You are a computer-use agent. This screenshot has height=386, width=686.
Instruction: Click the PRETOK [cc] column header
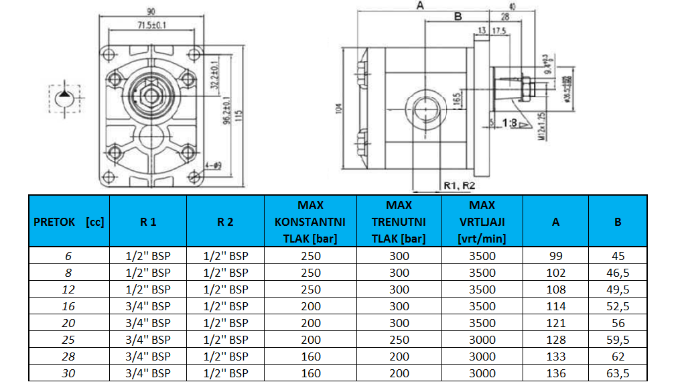[x=69, y=222]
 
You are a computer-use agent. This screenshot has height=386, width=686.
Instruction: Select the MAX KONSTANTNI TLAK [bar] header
[x=310, y=222]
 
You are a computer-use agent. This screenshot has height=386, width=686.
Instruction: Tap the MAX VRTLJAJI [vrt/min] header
[x=482, y=222]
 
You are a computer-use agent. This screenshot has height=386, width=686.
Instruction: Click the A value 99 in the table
[x=555, y=256]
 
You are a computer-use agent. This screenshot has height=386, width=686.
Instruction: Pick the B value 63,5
[x=618, y=373]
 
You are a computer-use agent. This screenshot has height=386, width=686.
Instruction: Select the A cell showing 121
[x=555, y=323]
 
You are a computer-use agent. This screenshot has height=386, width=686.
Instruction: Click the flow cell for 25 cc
[x=68, y=340]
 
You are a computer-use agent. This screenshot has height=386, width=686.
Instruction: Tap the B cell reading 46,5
[x=618, y=273]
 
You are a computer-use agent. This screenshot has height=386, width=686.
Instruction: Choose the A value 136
[x=555, y=373]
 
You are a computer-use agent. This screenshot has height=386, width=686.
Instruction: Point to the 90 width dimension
[x=151, y=11]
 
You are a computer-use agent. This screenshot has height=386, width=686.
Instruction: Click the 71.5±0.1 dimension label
[x=152, y=25]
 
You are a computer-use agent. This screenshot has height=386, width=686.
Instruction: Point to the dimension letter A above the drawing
[x=420, y=5]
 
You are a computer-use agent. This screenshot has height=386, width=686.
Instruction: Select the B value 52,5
[x=618, y=306]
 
